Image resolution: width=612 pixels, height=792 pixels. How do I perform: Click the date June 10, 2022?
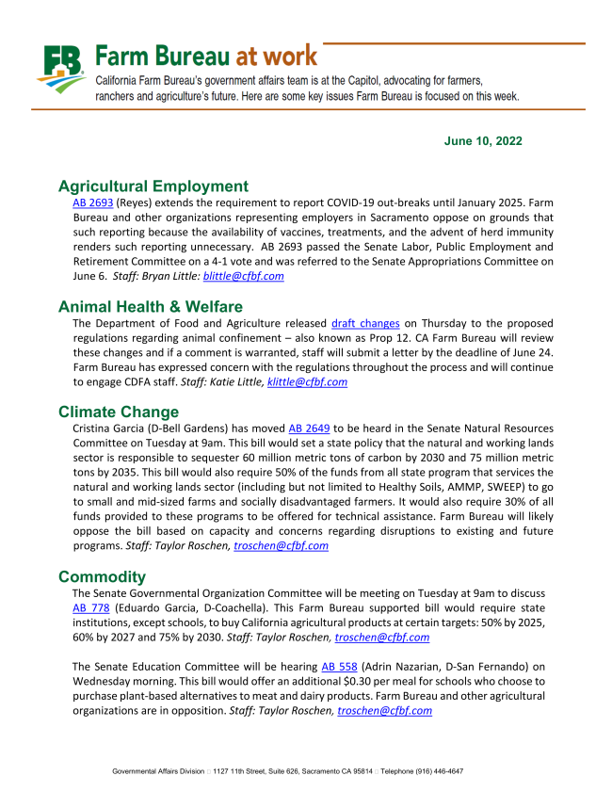click(x=483, y=140)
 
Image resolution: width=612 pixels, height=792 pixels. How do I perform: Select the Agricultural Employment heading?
click(x=153, y=186)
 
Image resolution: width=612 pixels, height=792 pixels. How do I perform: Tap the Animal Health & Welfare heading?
click(x=151, y=306)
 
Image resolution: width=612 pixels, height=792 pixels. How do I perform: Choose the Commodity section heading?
click(x=102, y=576)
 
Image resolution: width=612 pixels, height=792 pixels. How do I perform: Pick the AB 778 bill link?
click(x=91, y=607)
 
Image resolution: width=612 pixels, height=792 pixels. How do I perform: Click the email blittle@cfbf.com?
click(x=243, y=277)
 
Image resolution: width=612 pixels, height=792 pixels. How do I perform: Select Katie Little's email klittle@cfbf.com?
click(x=307, y=382)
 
